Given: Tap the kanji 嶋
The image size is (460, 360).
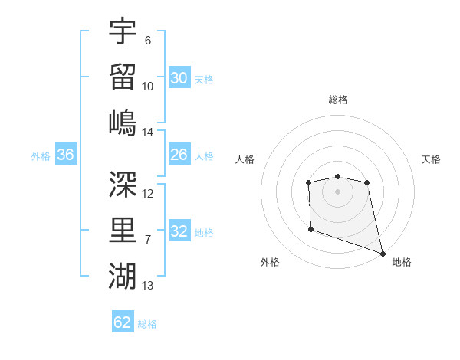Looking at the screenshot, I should (x=123, y=123).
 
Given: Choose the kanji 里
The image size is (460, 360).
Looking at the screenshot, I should (x=123, y=230).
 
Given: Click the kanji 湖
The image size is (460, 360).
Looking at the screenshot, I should (x=123, y=275).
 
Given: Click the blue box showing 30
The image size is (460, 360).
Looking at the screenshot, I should (x=179, y=77).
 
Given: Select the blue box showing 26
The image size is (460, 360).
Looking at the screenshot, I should (x=179, y=155).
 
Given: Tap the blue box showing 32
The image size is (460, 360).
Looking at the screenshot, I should (x=179, y=231).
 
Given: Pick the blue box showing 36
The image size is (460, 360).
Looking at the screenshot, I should (x=66, y=155).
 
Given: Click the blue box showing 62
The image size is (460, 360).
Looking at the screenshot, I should (x=123, y=322).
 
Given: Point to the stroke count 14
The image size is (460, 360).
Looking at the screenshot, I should (x=148, y=133).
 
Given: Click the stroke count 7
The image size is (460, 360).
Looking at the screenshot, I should (x=148, y=240).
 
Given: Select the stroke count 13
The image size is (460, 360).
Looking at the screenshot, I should (x=148, y=286).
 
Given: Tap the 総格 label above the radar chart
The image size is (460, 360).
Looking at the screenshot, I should (x=338, y=100).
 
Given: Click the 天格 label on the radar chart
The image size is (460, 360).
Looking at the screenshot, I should (x=432, y=159).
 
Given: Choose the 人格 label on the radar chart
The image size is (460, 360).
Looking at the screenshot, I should (x=245, y=159).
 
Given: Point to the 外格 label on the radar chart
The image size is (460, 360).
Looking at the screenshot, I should (x=269, y=262).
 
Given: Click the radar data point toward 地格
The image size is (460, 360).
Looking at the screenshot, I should (x=383, y=253).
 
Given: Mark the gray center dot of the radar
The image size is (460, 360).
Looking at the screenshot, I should (x=337, y=191).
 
